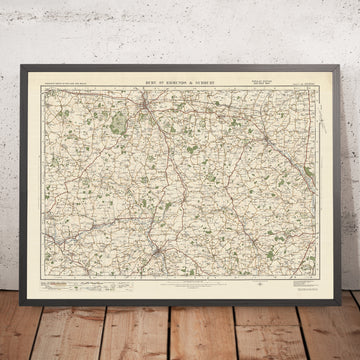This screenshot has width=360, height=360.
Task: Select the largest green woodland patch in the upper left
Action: click(119, 125)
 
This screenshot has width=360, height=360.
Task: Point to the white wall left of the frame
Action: click(7, 150)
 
